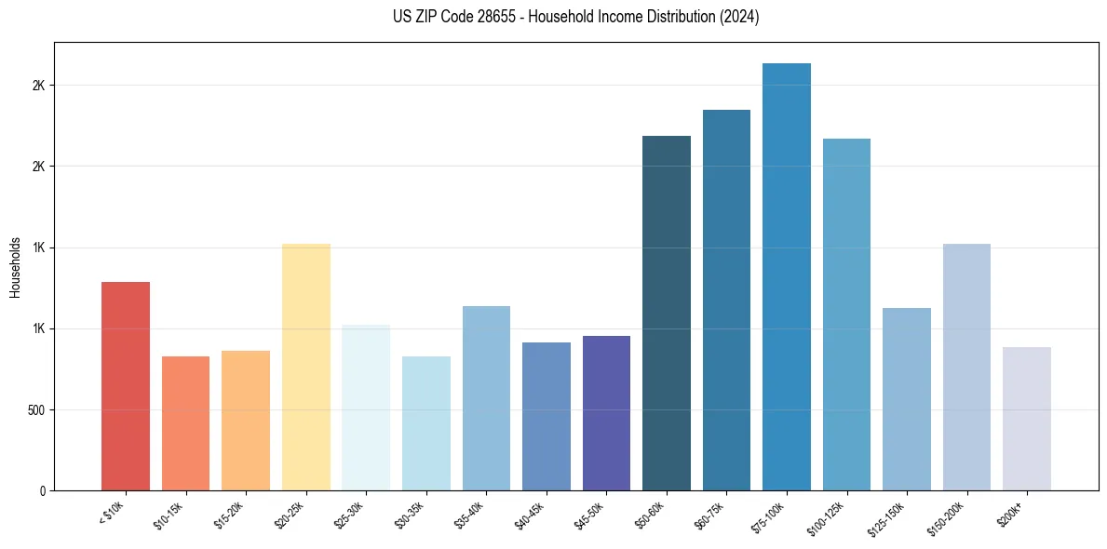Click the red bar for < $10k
click(125, 386)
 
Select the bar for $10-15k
click(185, 423)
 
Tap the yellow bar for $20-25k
click(305, 368)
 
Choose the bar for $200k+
click(1026, 419)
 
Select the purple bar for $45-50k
click(606, 413)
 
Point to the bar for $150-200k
click(966, 368)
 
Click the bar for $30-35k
click(425, 423)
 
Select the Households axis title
click(15, 267)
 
